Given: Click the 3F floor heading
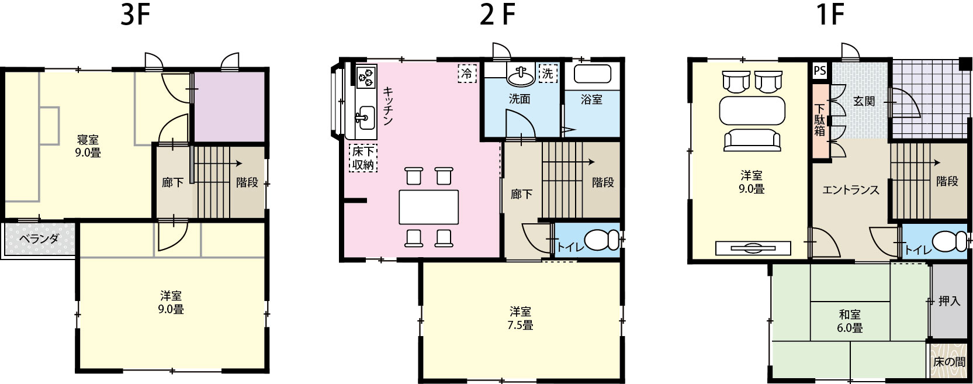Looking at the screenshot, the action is coord(135,16).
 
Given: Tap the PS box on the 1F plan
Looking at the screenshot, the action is coord(820,71).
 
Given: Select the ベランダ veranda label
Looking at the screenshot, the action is coord(39,238).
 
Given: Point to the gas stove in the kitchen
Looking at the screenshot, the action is coord(366,77).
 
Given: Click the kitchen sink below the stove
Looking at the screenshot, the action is coord(366,117).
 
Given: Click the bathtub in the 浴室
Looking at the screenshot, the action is coord(593,74).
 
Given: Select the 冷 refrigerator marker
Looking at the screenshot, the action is coord(466,73).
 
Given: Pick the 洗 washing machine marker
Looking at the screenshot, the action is coord(548,73).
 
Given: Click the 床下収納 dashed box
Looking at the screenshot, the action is coord(363,158).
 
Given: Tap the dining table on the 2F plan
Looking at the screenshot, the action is coord(429,207).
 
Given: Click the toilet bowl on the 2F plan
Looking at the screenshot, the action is coord(601,240).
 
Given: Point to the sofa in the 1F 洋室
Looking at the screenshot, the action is coord(752,140).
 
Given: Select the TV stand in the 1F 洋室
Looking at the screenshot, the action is coord(753,248).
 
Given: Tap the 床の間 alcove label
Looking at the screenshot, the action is coord(949,362).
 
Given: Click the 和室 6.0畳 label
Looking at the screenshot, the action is coord(850,320).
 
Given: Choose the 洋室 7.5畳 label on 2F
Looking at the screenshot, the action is coord(520,318).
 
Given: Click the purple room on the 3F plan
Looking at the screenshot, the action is coord(229,106).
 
